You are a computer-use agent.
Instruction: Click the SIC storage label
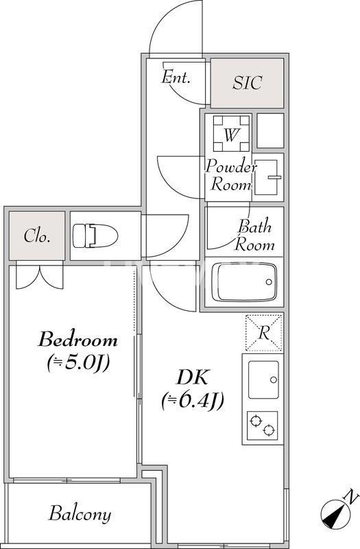pyautogui.click(x=248, y=82)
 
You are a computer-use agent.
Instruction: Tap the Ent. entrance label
pyautogui.click(x=176, y=77)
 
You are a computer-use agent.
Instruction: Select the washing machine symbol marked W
pyautogui.click(x=232, y=133)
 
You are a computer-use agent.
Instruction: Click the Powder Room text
pyautogui.click(x=230, y=175)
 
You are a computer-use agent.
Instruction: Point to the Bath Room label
pyautogui.click(x=254, y=235)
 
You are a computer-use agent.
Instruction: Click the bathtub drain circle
pyautogui.click(x=269, y=282)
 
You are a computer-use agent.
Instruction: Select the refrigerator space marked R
pyautogui.click(x=264, y=333)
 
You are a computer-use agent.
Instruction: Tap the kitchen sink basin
pyautogui.click(x=263, y=379)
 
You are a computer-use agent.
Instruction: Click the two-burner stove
pyautogui.click(x=263, y=425)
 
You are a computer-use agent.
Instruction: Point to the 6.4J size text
pyautogui.click(x=193, y=401)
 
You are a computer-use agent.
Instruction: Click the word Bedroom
pyautogui.click(x=77, y=340)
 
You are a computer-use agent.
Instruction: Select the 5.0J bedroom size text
pyautogui.click(x=79, y=363)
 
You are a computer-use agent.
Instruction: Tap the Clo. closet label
pyautogui.click(x=37, y=236)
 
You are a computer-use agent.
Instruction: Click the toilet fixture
pyautogui.click(x=95, y=235)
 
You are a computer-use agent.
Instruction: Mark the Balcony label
pyautogui.click(x=80, y=513)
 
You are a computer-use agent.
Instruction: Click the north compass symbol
pyautogui.click(x=335, y=514)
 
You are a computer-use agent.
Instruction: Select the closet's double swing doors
pyautogui.click(x=40, y=277)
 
